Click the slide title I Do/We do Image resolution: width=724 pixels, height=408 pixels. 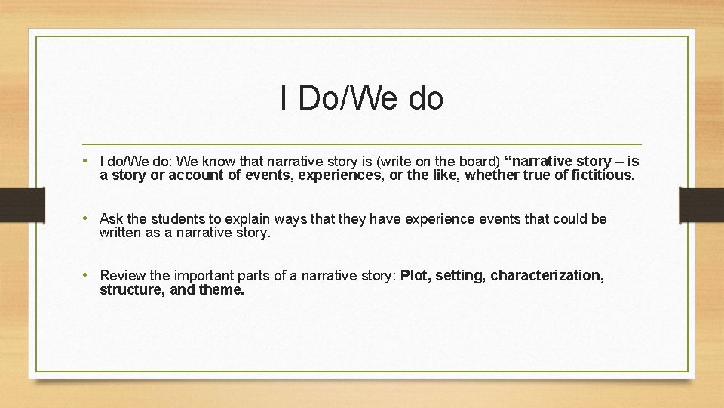coord(361,98)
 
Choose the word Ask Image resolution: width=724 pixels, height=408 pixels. coord(111,219)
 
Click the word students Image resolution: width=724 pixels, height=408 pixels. coord(173,219)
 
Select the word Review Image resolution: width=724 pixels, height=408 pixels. coord(122,276)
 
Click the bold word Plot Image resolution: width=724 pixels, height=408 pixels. coord(414,276)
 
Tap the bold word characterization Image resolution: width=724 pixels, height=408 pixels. coord(547,276)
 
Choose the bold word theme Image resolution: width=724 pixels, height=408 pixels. coord(222,290)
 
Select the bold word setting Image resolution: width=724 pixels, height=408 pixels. coord(461,276)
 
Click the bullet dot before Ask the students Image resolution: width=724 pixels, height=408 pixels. coord(88,219)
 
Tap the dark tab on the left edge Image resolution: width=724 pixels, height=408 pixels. coord(12,205)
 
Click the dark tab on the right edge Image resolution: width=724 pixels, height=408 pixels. coord(701,205)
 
